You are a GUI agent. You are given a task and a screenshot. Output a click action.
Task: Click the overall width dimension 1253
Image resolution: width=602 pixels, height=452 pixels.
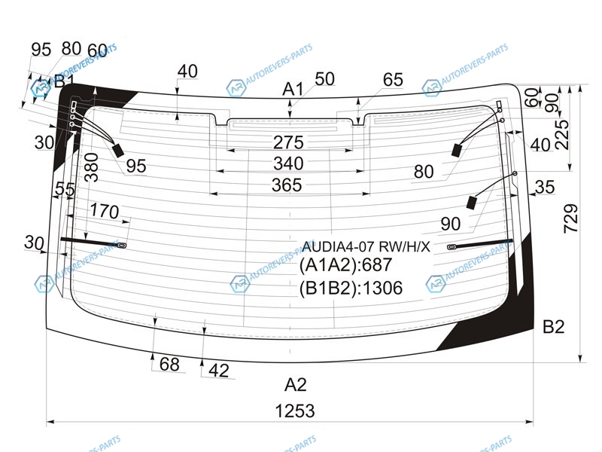[x=294, y=411]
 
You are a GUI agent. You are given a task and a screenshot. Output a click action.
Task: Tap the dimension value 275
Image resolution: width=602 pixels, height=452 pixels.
[x=288, y=142]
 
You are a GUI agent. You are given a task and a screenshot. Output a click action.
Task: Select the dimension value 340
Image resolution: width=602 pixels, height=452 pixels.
[x=288, y=163]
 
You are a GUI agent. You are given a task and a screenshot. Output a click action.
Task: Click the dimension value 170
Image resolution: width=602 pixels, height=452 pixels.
[x=105, y=212]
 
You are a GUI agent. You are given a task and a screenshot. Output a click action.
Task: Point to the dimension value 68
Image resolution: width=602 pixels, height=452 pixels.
[x=170, y=365]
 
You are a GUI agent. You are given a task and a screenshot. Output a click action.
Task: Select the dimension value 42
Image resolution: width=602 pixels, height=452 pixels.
[x=218, y=370]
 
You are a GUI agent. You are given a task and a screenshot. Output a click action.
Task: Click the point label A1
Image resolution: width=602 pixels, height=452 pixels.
[x=293, y=89]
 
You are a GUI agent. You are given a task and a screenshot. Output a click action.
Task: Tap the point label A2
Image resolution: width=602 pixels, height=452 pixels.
[x=296, y=385]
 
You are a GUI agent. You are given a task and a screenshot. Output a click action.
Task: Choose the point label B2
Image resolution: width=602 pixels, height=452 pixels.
[x=553, y=326]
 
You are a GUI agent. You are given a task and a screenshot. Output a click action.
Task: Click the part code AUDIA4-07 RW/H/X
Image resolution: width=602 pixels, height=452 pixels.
[x=366, y=246]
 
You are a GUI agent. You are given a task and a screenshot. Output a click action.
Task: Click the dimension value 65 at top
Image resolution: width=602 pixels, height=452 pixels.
[x=393, y=80]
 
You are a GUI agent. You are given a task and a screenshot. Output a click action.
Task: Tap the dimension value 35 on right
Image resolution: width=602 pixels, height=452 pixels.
[x=545, y=186]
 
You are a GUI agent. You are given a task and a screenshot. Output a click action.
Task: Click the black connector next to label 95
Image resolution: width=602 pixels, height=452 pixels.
[x=118, y=150]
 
